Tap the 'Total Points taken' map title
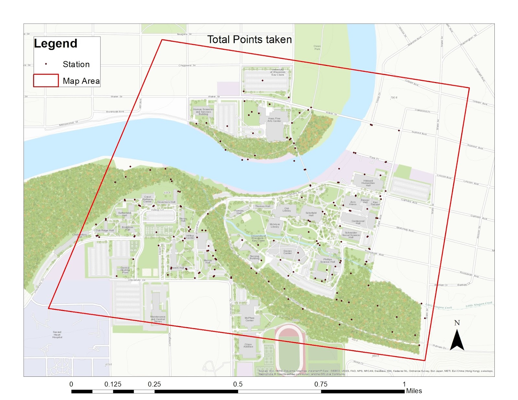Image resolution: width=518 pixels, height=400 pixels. coord(249,39)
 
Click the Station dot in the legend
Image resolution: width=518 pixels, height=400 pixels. coord(46,64)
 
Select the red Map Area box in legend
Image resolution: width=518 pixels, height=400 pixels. coord(46,81)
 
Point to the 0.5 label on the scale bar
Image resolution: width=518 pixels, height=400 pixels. coord(238,384)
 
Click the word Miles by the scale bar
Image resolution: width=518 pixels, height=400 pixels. coord(414,391)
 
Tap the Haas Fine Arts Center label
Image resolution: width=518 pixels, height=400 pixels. coord(274,120)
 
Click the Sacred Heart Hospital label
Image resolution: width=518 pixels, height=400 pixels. coord(57,334)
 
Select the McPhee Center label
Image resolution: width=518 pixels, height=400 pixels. coord(249,319)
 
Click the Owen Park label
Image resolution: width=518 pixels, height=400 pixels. coord(317,48)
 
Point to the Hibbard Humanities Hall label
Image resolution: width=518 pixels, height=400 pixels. coord(368,183)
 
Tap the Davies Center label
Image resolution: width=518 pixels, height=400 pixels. coord(287,252)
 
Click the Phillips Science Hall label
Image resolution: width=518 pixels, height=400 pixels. coord(327,260)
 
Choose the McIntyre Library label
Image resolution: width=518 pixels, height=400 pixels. coord(275,225)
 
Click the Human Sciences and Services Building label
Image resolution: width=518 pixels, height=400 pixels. coord(203,112)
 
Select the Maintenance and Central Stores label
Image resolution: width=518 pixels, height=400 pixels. coord(158,319)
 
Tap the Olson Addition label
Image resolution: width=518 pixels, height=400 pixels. coord(248,345)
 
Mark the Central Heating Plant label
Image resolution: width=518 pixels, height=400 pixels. coord(125,270)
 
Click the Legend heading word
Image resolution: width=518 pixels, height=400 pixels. coord(56,43)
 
